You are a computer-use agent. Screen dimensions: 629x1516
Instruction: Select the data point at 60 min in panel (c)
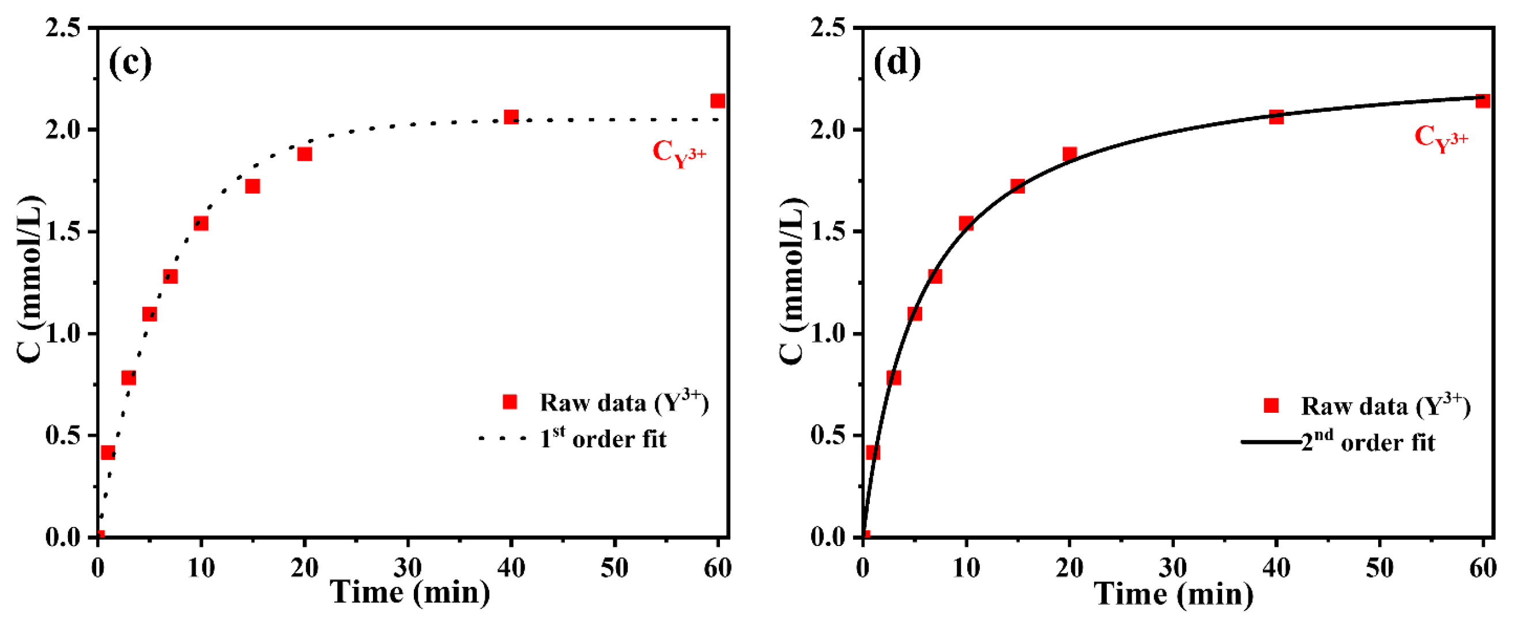[x=718, y=101]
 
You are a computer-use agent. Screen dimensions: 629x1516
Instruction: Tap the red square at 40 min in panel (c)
[x=511, y=116]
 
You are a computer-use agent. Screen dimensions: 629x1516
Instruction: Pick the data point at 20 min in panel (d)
[x=1069, y=154]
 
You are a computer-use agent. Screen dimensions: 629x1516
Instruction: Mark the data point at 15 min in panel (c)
[x=252, y=187]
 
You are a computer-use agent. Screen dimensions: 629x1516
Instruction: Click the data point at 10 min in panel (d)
[x=966, y=223]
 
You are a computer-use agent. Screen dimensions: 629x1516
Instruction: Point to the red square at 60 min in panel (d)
[x=1483, y=101]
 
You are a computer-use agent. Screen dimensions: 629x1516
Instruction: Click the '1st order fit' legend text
[x=603, y=439]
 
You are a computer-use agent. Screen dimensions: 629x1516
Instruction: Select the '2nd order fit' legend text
[x=1368, y=442]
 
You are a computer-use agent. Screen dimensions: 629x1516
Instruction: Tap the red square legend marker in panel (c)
[x=510, y=402]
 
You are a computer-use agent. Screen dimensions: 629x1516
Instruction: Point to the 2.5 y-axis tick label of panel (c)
[x=62, y=28]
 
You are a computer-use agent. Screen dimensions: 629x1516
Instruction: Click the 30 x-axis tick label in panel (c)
[x=408, y=568]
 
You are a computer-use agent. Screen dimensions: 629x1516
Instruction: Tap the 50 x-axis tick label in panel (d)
[x=1379, y=568]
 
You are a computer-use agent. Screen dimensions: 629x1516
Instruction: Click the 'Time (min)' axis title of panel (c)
[x=410, y=593]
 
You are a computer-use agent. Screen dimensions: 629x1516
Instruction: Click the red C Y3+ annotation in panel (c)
[x=678, y=153]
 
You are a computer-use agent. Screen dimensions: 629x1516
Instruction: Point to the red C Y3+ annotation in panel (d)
[x=1440, y=139]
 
